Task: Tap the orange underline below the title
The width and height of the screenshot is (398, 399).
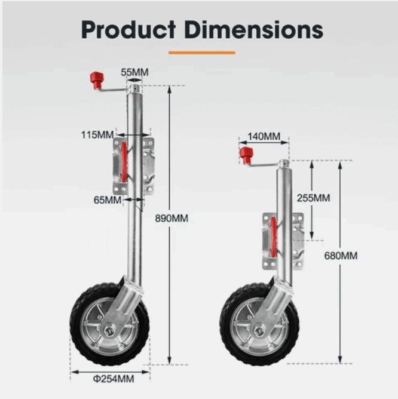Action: pyautogui.click(x=202, y=53)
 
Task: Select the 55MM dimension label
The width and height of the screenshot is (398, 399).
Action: pyautogui.click(x=134, y=73)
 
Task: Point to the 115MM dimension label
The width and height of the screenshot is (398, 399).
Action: pyautogui.click(x=97, y=135)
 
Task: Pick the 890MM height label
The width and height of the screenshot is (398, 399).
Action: pyautogui.click(x=172, y=218)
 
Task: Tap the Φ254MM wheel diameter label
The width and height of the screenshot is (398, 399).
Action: pyautogui.click(x=113, y=378)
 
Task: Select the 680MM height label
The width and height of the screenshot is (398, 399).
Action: pyautogui.click(x=341, y=256)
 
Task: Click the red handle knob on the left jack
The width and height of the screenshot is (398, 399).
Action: pyautogui.click(x=96, y=79)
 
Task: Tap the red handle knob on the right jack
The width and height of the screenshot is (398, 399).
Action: pyautogui.click(x=246, y=155)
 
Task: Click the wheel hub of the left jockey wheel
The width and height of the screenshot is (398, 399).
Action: pyautogui.click(x=110, y=329)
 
